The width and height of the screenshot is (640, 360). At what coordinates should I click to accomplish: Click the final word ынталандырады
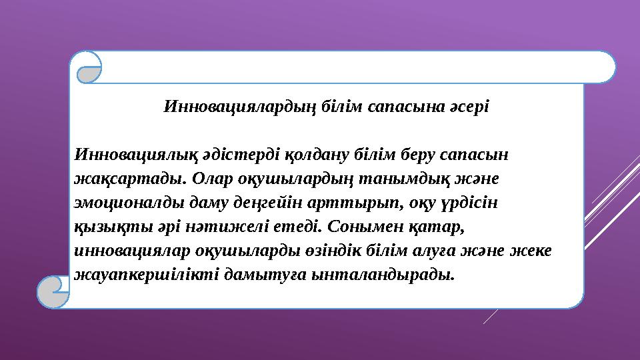coord(387,275)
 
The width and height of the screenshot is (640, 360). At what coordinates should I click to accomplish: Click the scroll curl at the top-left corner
coord(89,67)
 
